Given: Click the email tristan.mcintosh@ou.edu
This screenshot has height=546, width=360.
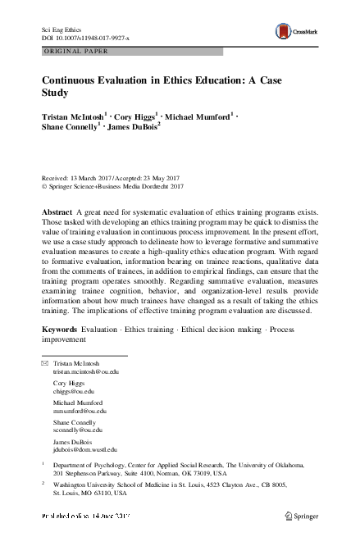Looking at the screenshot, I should click(x=85, y=371).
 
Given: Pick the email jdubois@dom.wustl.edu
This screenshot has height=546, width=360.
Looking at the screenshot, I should click(x=84, y=449).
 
